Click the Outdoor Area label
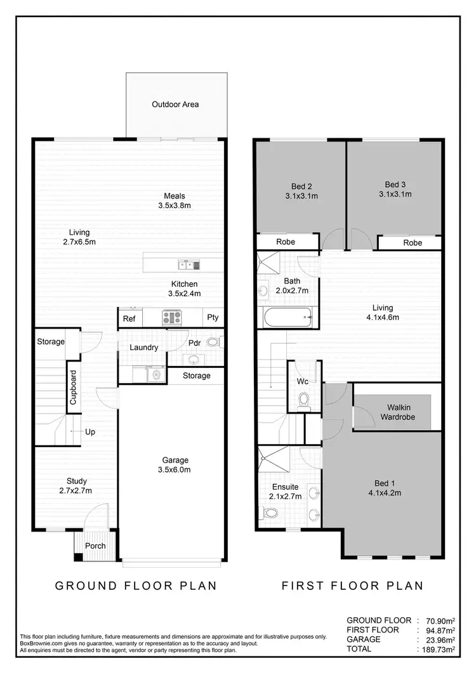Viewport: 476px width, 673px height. pos(175,104)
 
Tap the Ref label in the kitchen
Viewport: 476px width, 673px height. pos(129,319)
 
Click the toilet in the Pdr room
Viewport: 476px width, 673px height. pos(214,342)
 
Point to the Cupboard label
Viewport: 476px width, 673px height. pos(74,388)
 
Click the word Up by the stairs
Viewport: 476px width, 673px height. pos(91,432)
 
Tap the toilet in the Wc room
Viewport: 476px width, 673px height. pos(303,400)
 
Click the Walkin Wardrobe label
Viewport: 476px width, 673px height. pos(398,412)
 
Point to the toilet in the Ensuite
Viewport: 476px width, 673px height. pos(269,513)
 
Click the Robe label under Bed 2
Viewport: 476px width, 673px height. pos(286,242)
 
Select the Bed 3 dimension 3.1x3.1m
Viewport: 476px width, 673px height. pos(395,194)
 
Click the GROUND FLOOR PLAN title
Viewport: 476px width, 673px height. pos(136,585)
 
